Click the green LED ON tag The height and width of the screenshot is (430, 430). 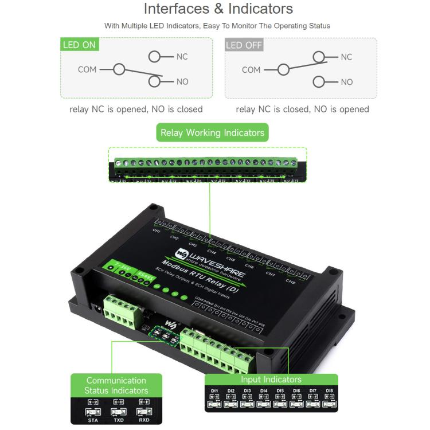80,45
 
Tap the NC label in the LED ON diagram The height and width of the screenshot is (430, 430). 182,57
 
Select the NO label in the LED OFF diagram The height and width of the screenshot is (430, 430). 346,82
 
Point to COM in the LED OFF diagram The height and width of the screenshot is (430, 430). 251,70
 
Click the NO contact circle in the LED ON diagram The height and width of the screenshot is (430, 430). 154,81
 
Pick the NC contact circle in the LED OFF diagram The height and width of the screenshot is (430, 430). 319,57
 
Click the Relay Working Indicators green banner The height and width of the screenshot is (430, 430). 212,133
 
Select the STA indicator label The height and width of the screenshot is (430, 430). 93,419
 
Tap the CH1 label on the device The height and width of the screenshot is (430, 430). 156,230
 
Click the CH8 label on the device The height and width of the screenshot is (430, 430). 291,282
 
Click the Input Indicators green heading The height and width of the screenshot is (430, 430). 271,380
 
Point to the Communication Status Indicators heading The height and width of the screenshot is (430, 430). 116,385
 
